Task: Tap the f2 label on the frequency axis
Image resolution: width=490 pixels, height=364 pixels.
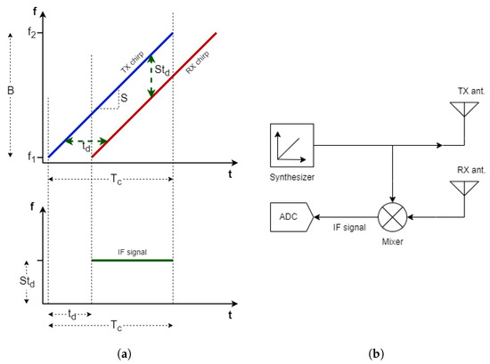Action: [x=33, y=33]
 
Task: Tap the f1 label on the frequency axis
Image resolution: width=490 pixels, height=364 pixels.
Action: [x=33, y=158]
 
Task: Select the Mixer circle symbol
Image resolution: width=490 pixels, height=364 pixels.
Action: [x=393, y=214]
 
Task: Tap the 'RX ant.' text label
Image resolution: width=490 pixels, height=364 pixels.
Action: [x=462, y=169]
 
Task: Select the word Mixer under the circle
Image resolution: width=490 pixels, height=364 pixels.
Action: [x=393, y=241]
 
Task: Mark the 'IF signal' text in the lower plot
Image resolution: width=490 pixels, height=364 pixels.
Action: [x=133, y=252]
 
